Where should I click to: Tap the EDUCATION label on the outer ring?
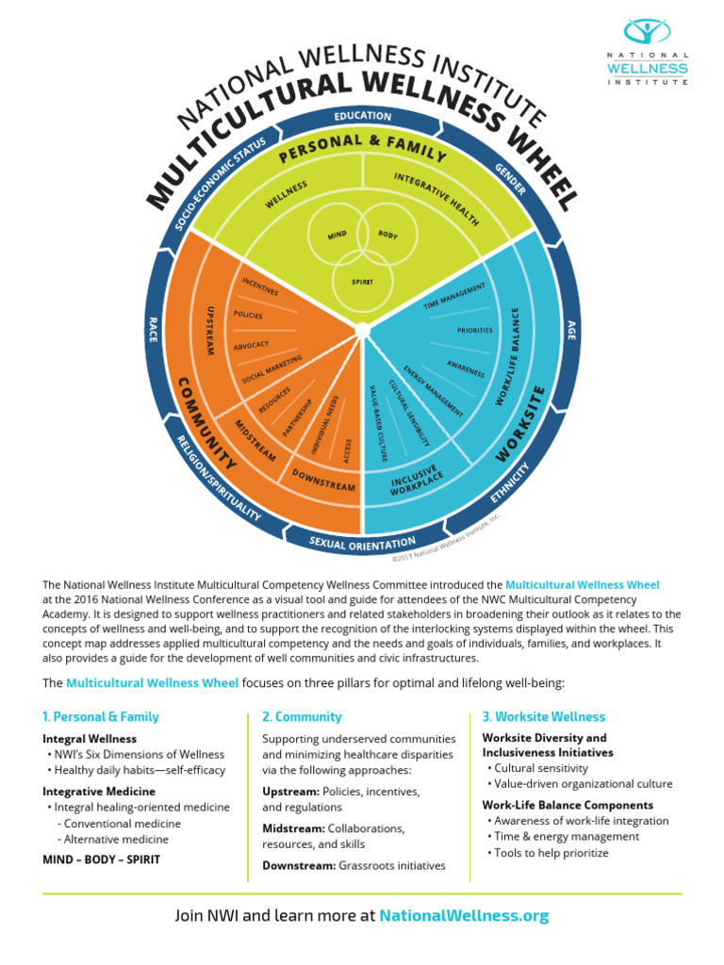[362, 116]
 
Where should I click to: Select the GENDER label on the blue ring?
[510, 178]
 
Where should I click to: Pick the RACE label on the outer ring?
[151, 329]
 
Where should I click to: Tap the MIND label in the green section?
[337, 235]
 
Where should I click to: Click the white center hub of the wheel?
[362, 329]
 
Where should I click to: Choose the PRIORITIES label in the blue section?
[474, 331]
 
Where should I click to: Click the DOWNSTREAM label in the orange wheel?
[323, 479]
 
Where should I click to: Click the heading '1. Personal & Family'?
[101, 716]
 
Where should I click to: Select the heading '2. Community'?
[302, 716]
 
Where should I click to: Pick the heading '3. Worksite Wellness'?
[543, 716]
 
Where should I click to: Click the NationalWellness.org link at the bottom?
[463, 915]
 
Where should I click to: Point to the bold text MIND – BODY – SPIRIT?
[101, 859]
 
